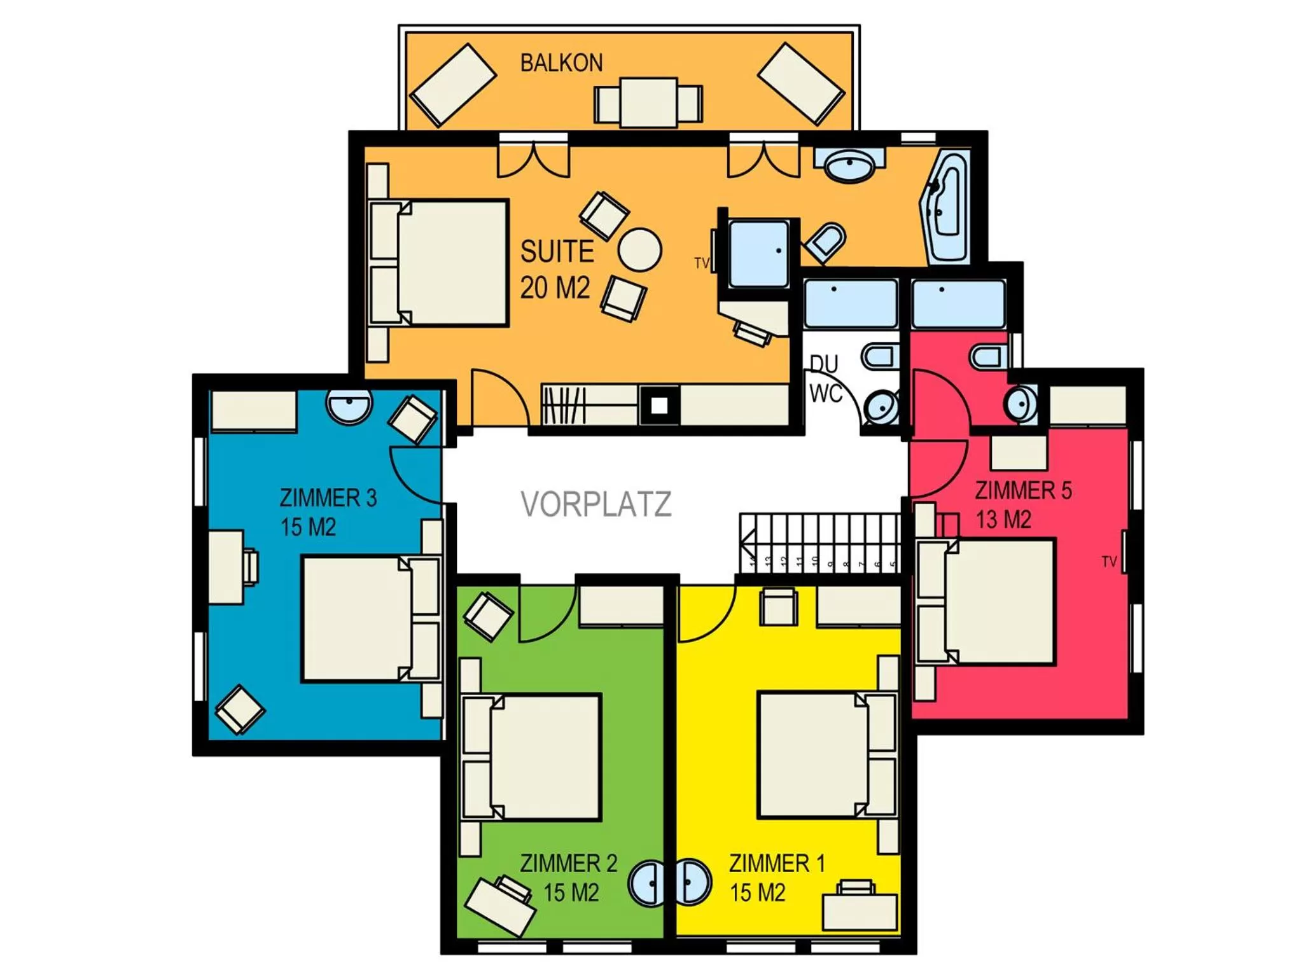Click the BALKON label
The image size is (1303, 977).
[x=561, y=63]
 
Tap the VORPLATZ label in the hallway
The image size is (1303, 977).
[x=596, y=504]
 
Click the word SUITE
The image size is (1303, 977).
[x=557, y=252]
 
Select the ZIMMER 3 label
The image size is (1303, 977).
[x=328, y=497]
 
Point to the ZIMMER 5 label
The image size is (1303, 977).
[x=1023, y=490]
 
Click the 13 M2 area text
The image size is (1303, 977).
[x=1003, y=520]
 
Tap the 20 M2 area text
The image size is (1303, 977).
[x=555, y=288]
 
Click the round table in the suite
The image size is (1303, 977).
[x=639, y=250]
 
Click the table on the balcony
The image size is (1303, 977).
[x=648, y=102]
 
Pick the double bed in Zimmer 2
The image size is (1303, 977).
[x=544, y=756]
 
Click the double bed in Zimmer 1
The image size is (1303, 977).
[x=811, y=755]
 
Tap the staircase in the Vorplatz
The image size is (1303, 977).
[x=819, y=544]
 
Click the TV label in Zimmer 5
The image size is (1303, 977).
[x=1109, y=562]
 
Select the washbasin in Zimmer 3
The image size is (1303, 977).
[x=349, y=405]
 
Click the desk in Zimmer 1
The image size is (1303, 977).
[x=860, y=911]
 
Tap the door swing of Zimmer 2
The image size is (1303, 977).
[x=545, y=614]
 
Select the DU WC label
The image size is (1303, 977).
[x=825, y=379]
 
